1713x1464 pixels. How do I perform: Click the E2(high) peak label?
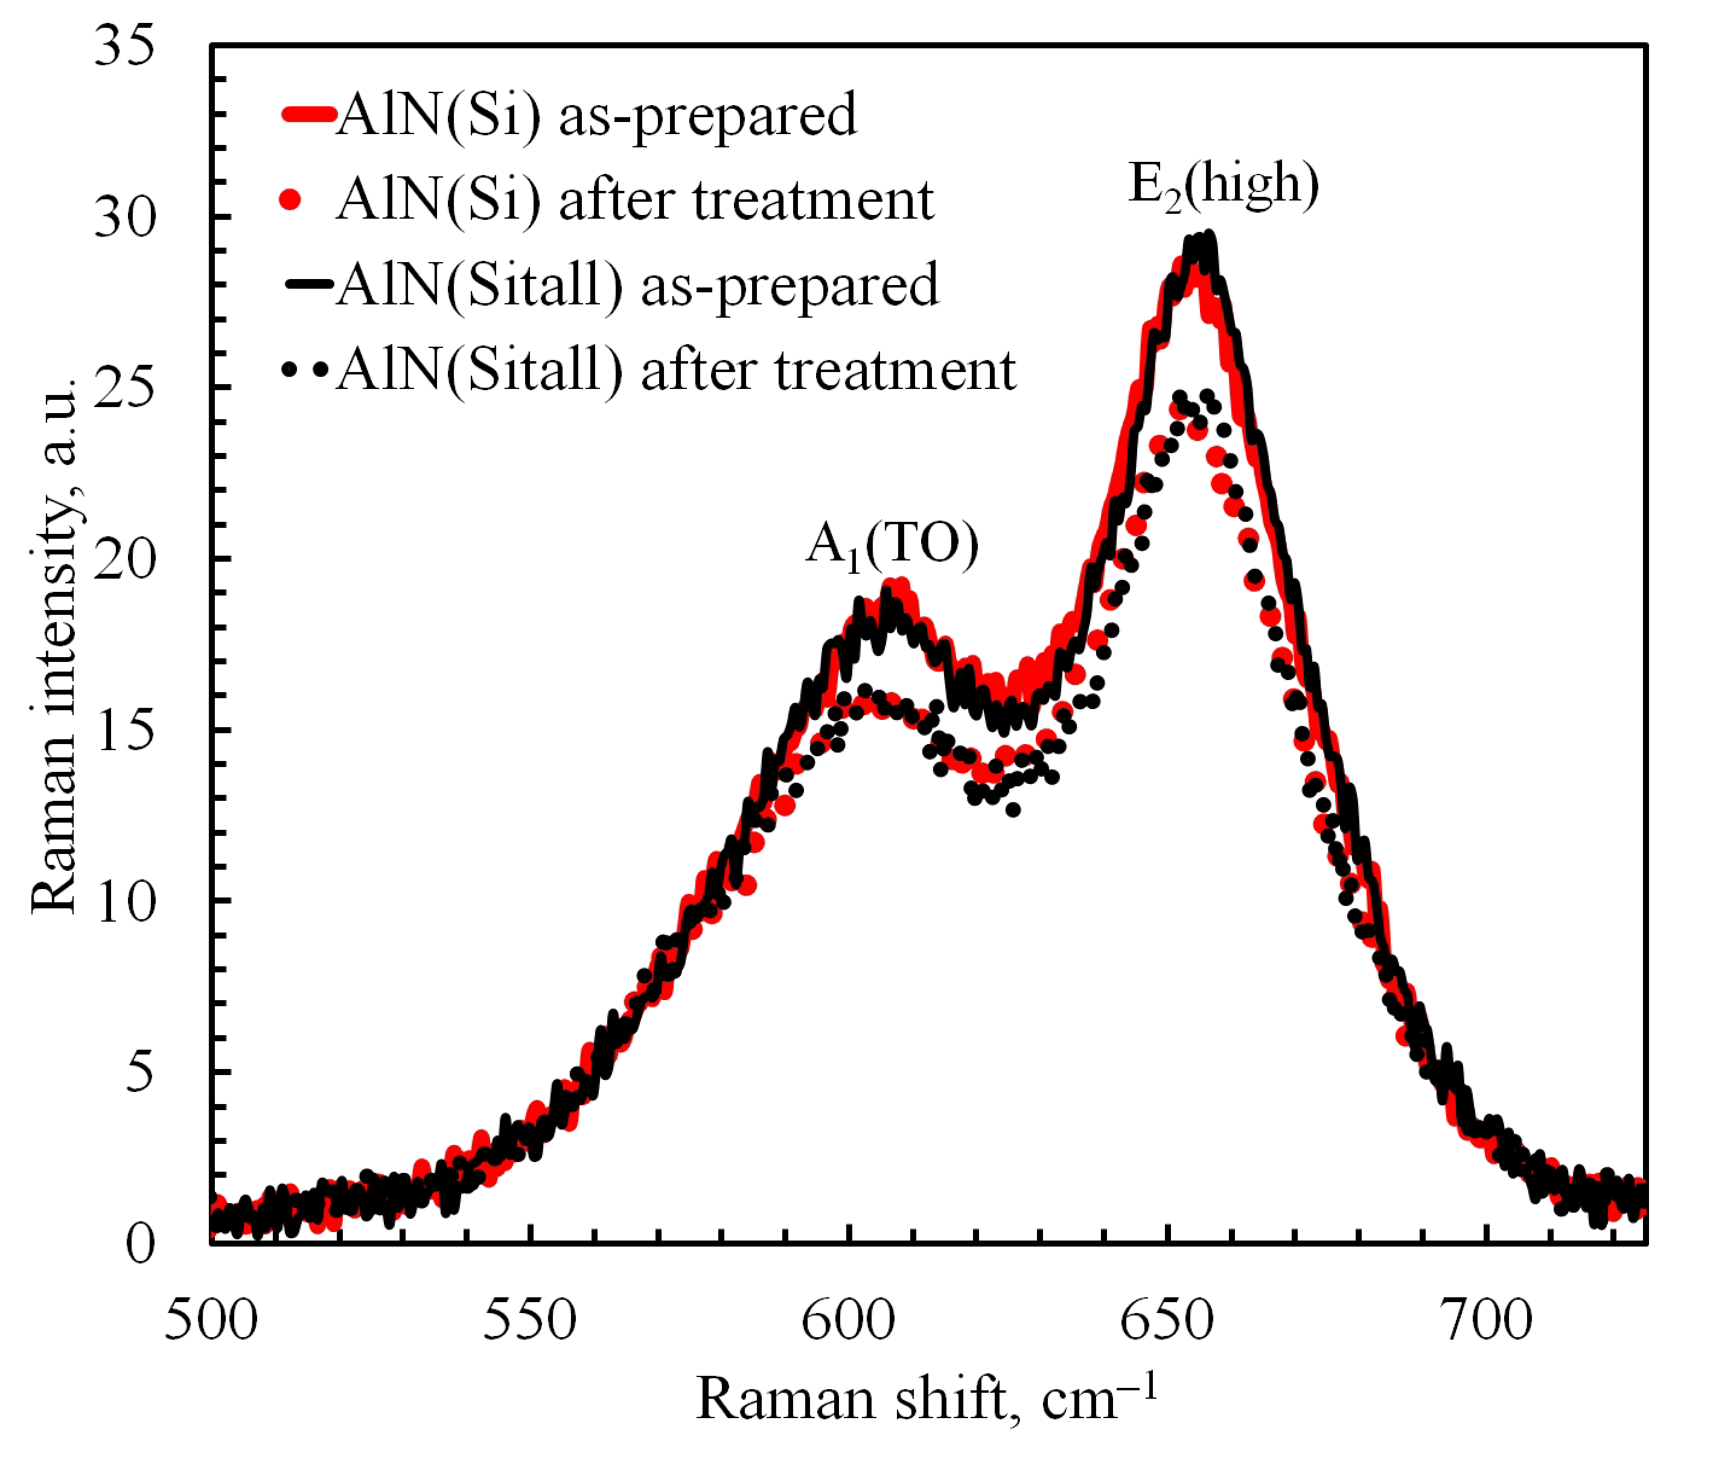[1223, 185]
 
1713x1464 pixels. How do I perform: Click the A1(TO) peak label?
[892, 546]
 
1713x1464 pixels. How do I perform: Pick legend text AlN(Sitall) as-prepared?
[637, 284]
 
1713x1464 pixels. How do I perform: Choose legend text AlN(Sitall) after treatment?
[676, 370]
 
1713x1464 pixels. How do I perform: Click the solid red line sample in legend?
[308, 114]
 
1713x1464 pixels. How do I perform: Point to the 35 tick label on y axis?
[124, 45]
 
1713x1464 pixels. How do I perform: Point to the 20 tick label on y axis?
[124, 559]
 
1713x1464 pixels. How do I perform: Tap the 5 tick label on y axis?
[139, 1072]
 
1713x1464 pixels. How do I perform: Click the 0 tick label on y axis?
[139, 1243]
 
